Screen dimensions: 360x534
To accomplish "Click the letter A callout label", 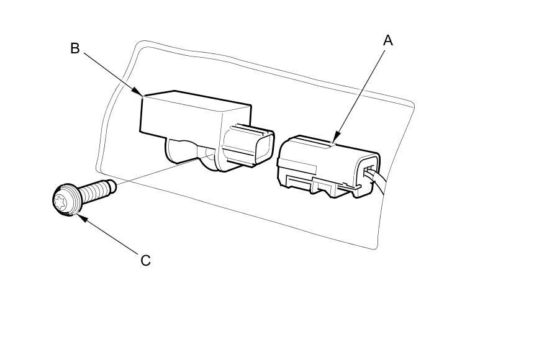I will (x=388, y=40).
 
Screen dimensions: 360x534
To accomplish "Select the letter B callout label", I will (x=75, y=48).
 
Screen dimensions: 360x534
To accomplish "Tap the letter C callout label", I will (x=145, y=260).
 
